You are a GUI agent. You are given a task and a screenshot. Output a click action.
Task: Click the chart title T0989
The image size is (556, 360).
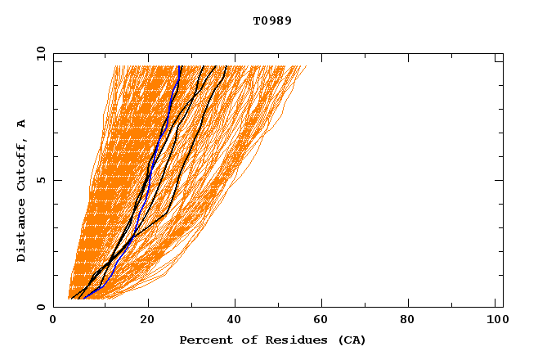click(x=272, y=20)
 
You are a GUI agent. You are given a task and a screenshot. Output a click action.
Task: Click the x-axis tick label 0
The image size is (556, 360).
click(x=53, y=322)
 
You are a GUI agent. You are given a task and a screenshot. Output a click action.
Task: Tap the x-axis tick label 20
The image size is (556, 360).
click(x=147, y=322)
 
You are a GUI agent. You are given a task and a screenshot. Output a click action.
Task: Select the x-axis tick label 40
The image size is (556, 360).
click(x=236, y=322)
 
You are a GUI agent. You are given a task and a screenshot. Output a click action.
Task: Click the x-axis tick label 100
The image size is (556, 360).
click(x=494, y=322)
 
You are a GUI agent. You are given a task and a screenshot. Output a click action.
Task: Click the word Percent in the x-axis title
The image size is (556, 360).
click(x=202, y=340)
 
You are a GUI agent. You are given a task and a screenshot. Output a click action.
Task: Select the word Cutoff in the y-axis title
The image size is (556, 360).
click(x=22, y=162)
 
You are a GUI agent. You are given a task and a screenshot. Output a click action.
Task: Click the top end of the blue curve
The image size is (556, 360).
click(x=180, y=66)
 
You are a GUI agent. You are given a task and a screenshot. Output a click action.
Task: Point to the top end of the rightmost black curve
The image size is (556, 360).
click(x=226, y=66)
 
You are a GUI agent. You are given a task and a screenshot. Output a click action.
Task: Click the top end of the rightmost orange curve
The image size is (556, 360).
click(x=307, y=66)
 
